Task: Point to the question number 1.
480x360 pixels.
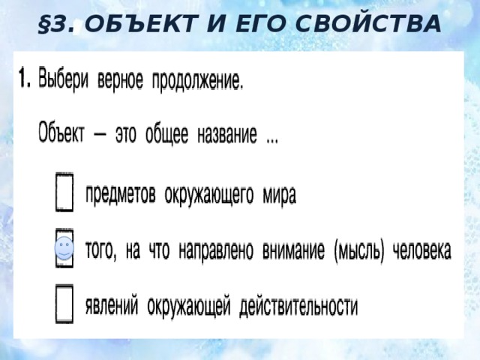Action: pos(24,78)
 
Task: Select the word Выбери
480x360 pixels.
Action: pos(64,79)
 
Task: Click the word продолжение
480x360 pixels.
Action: pos(198,81)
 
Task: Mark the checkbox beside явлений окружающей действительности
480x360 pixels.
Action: pos(64,303)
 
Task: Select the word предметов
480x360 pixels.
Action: pos(121,195)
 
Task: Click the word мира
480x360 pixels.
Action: pos(280,195)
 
